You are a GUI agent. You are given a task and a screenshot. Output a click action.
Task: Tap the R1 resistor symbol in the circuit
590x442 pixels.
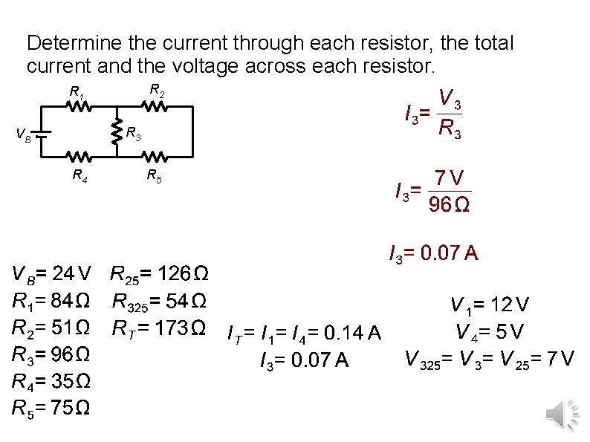[80, 107]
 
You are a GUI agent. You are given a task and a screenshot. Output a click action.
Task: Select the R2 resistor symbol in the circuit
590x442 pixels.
[155, 107]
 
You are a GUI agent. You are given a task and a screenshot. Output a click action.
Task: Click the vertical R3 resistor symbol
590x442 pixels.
[117, 132]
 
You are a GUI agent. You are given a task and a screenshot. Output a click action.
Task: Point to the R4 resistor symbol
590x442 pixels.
[80, 157]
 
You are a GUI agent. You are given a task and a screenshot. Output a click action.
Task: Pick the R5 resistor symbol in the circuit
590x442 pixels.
[155, 157]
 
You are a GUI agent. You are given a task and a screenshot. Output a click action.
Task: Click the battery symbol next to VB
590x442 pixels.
[42, 134]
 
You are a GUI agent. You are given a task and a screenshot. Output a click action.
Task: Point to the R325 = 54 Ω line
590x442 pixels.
[159, 302]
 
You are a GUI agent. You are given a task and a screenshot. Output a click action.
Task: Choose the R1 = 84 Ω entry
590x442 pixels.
[51, 302]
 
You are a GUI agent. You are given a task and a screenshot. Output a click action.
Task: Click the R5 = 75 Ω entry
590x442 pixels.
[51, 408]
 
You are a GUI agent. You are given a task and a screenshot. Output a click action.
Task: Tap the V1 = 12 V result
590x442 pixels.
[490, 305]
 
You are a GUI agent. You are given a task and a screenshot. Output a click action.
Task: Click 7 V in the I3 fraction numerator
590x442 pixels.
[450, 179]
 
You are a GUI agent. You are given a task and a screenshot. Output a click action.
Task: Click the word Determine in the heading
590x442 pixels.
[68, 42]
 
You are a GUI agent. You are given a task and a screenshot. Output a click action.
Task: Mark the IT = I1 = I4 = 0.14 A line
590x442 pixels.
[303, 335]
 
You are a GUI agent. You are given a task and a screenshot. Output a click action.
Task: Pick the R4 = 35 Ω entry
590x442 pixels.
[51, 382]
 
